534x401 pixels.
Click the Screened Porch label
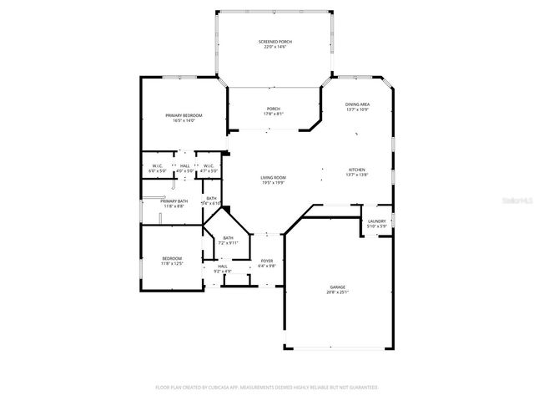pos(275,41)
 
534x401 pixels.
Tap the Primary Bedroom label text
pos(184,115)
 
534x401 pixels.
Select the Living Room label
pos(274,177)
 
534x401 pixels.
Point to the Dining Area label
pos(357,104)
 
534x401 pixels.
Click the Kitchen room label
pos(356,170)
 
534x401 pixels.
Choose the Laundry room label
pos(376,221)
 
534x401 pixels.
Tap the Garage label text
pos(337,287)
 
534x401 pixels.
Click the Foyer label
pos(267,261)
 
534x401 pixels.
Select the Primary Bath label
pos(174,200)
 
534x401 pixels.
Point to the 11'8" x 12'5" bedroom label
pos(172,263)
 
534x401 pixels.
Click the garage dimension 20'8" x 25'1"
pos(337,292)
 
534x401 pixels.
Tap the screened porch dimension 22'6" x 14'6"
pos(275,47)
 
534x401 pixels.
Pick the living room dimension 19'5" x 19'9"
pos(274,182)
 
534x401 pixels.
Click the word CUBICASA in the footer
pos(218,387)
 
